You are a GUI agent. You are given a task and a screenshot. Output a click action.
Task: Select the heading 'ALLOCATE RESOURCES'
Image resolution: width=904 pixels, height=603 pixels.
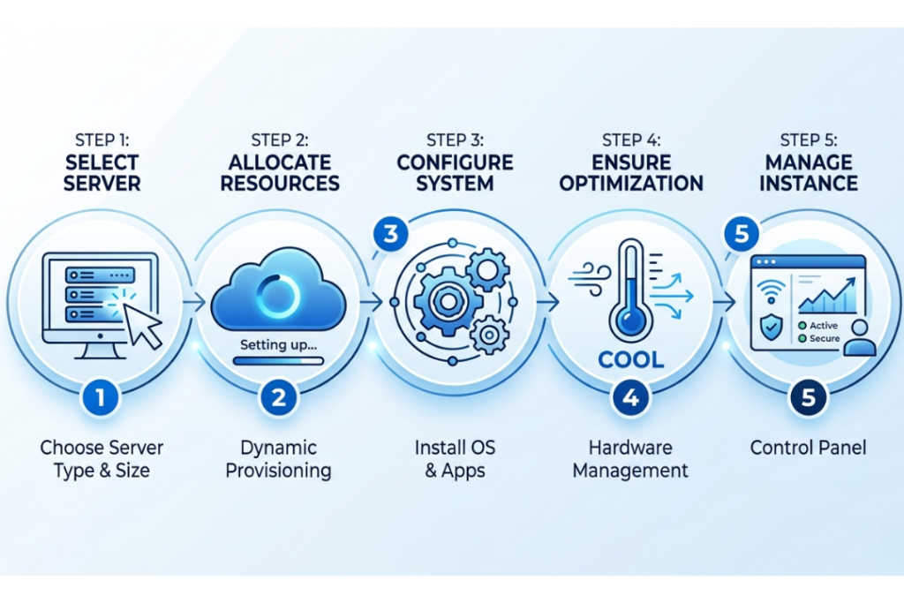(x=280, y=173)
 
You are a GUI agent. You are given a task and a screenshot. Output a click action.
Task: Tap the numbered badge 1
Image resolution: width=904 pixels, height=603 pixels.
(x=101, y=398)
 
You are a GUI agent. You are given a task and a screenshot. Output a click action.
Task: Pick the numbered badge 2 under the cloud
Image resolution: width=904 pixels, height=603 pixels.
(x=279, y=398)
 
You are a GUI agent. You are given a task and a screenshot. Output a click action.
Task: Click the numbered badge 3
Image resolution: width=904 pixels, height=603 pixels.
(x=389, y=235)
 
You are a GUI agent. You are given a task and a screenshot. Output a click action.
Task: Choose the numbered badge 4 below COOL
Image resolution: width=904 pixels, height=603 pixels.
(x=630, y=398)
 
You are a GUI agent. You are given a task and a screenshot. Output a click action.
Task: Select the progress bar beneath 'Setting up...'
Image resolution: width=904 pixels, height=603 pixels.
(x=278, y=360)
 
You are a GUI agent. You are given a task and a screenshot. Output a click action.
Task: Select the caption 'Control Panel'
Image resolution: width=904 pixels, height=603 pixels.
(x=808, y=448)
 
